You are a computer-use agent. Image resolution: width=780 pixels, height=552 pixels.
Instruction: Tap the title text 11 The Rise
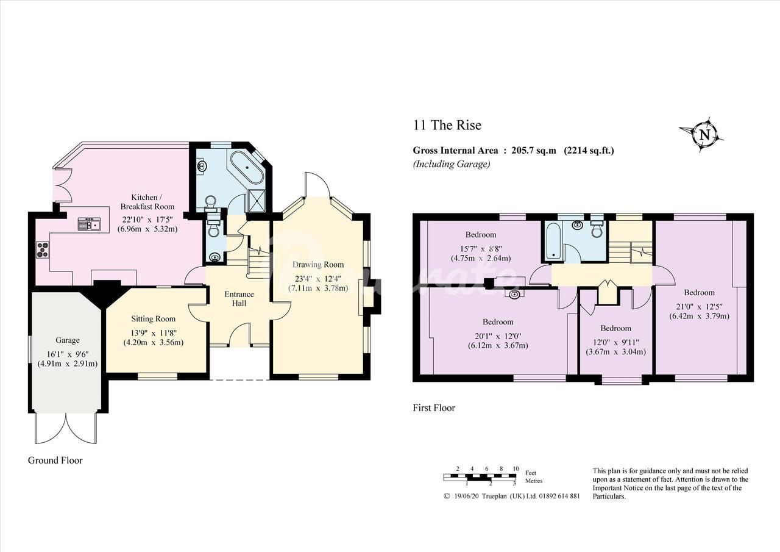[x=447, y=125]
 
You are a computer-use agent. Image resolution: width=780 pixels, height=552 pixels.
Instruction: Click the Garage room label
[x=68, y=340]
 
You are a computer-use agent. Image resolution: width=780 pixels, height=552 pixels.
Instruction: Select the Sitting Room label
[x=153, y=318]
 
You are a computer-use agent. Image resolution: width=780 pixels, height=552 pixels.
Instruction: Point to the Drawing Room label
[x=318, y=265]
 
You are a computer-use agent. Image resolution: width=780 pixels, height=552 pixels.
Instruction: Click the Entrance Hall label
[x=239, y=299]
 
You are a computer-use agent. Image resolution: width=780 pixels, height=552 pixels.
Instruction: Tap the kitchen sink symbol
[x=90, y=224]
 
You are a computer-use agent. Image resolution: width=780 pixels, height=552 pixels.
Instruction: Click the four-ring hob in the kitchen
[x=43, y=250]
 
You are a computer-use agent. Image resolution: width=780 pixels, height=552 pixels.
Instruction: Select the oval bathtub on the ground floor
[x=247, y=168]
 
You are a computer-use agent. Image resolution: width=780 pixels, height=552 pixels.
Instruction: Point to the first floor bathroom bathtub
[x=554, y=242]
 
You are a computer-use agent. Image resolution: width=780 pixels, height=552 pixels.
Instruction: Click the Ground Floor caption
[x=55, y=461]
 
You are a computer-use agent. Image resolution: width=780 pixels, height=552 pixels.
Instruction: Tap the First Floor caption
[x=434, y=407]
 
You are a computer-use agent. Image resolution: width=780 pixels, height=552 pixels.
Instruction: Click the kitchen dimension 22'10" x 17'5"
[x=147, y=220]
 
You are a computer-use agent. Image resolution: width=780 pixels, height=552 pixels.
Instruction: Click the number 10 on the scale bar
[x=516, y=468]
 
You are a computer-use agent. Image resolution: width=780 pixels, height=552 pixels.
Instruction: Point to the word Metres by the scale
[x=534, y=481]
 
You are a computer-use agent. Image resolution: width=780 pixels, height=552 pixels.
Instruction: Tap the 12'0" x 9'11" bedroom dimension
[x=616, y=343]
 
